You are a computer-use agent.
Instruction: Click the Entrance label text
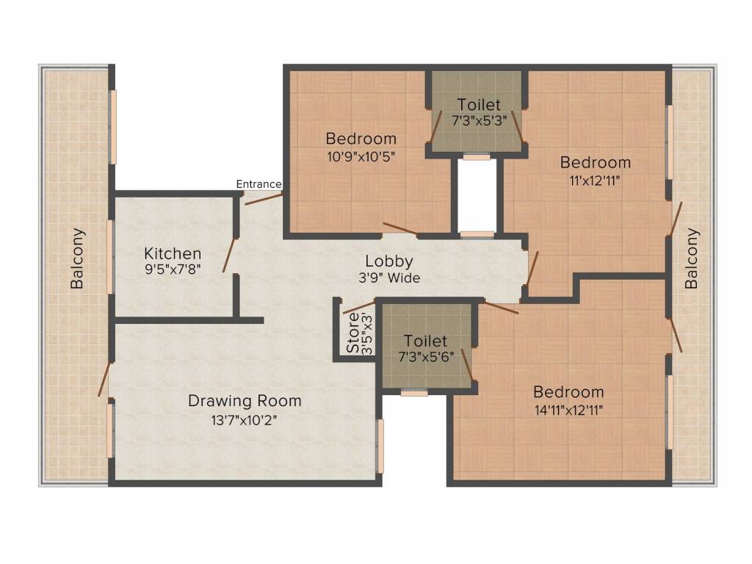(x=258, y=184)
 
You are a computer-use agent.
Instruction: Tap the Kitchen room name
(x=173, y=253)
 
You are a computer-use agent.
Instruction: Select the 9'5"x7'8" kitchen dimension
(x=173, y=270)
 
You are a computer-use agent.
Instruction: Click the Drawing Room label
(x=245, y=401)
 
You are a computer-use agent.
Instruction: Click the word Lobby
(x=389, y=261)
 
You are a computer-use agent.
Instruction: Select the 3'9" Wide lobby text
(x=389, y=278)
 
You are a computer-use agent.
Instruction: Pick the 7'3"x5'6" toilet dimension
(x=425, y=358)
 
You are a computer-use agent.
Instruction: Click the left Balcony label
(x=77, y=258)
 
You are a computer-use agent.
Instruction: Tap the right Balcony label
(x=692, y=258)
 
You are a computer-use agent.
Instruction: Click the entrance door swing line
(x=263, y=199)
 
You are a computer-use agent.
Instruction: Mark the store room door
(x=358, y=307)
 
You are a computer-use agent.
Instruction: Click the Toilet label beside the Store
(x=425, y=341)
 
